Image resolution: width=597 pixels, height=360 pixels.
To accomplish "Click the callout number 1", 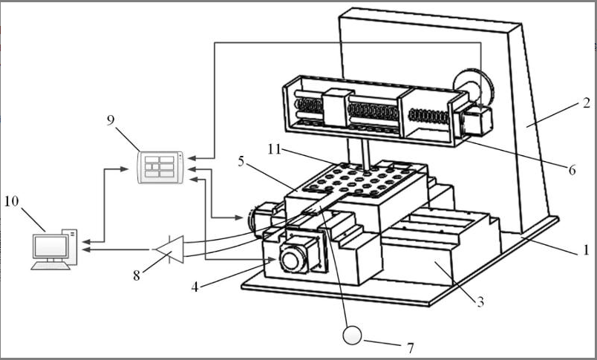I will [585, 250].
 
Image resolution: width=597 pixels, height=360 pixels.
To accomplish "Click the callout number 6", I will [572, 170].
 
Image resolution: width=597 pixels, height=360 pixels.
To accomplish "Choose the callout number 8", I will [136, 274].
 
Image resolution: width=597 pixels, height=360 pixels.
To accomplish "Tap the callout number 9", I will [111, 120].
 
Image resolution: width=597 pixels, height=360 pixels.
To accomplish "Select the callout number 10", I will [13, 201].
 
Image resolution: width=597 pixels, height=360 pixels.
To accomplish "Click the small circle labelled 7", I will [352, 336].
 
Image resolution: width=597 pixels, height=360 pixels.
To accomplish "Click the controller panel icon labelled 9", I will [161, 166].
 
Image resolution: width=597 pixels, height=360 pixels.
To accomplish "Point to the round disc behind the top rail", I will [474, 88].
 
